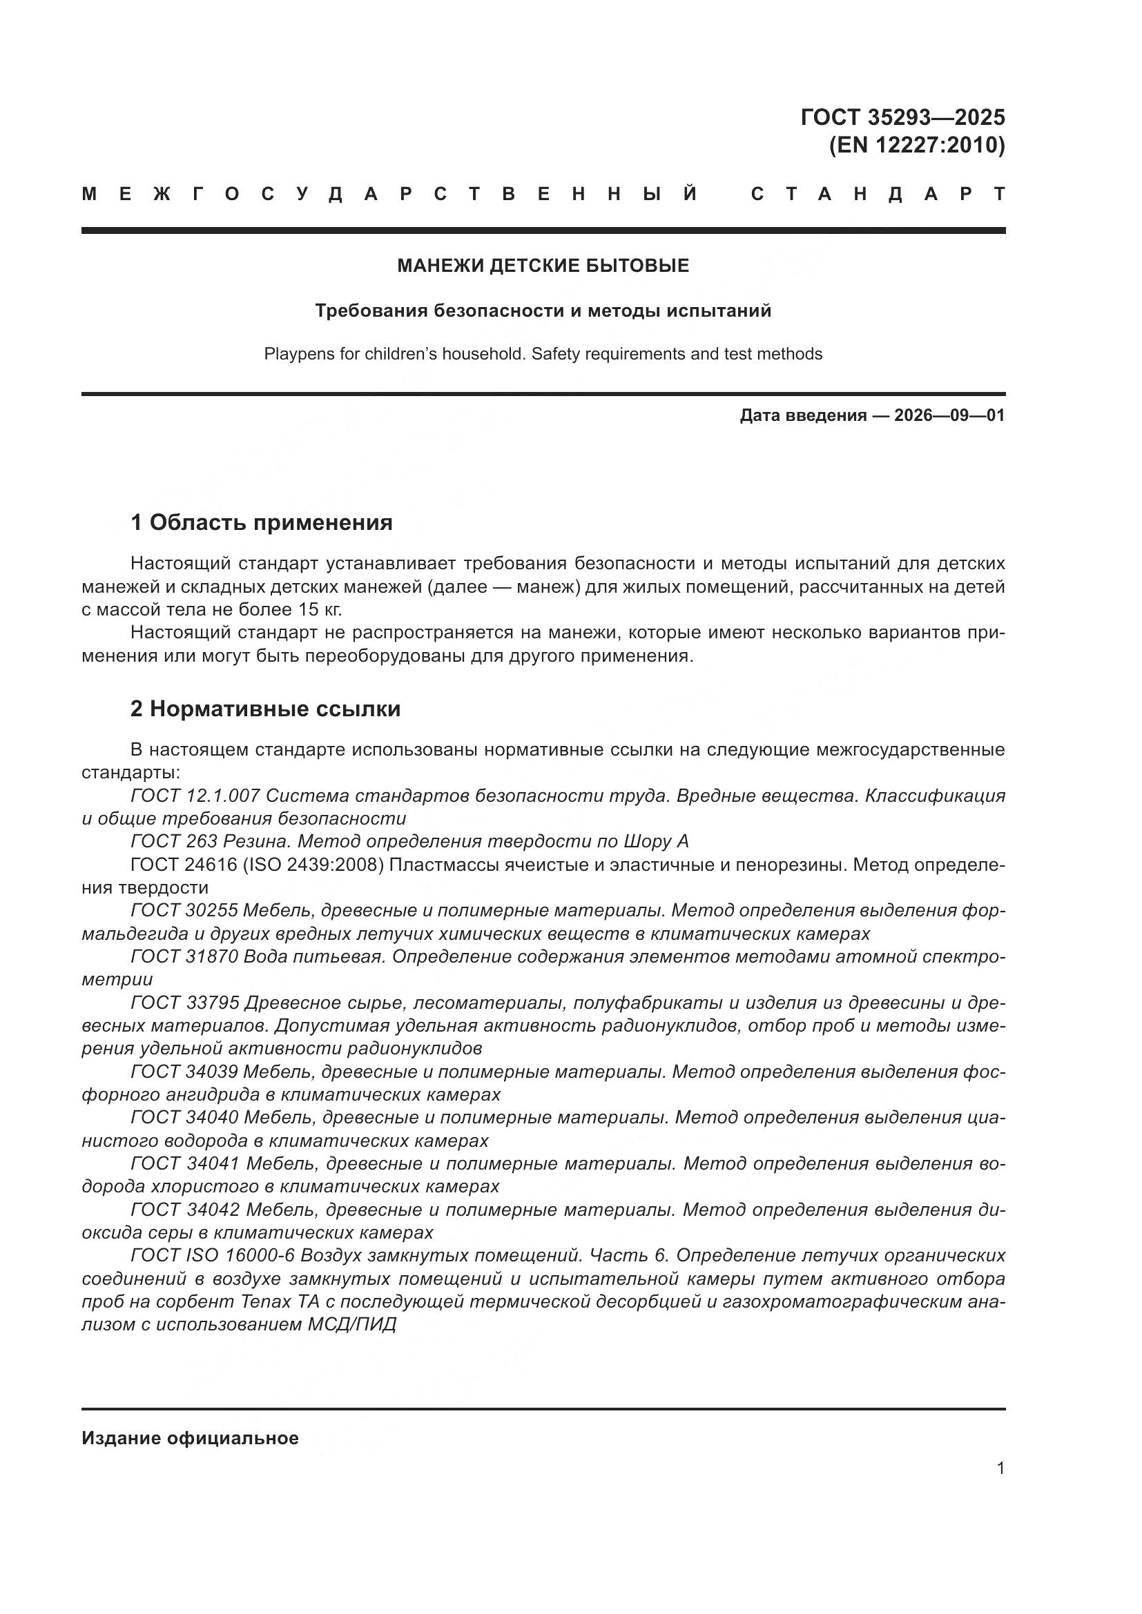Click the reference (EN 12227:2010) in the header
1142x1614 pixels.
tap(917, 146)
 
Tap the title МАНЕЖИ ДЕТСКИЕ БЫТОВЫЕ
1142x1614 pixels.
tap(543, 266)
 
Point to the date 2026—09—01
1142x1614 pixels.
tap(949, 415)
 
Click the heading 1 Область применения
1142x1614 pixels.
tap(261, 522)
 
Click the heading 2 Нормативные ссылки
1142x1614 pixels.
tap(265, 709)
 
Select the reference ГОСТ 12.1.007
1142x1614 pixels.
tap(195, 796)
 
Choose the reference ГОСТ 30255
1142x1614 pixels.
tap(184, 910)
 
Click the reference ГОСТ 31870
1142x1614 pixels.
tap(184, 956)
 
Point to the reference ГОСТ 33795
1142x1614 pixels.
tap(184, 1003)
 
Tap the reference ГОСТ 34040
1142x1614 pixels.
tap(186, 1117)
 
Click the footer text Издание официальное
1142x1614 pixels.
tap(190, 1438)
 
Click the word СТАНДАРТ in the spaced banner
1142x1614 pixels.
tap(878, 194)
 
